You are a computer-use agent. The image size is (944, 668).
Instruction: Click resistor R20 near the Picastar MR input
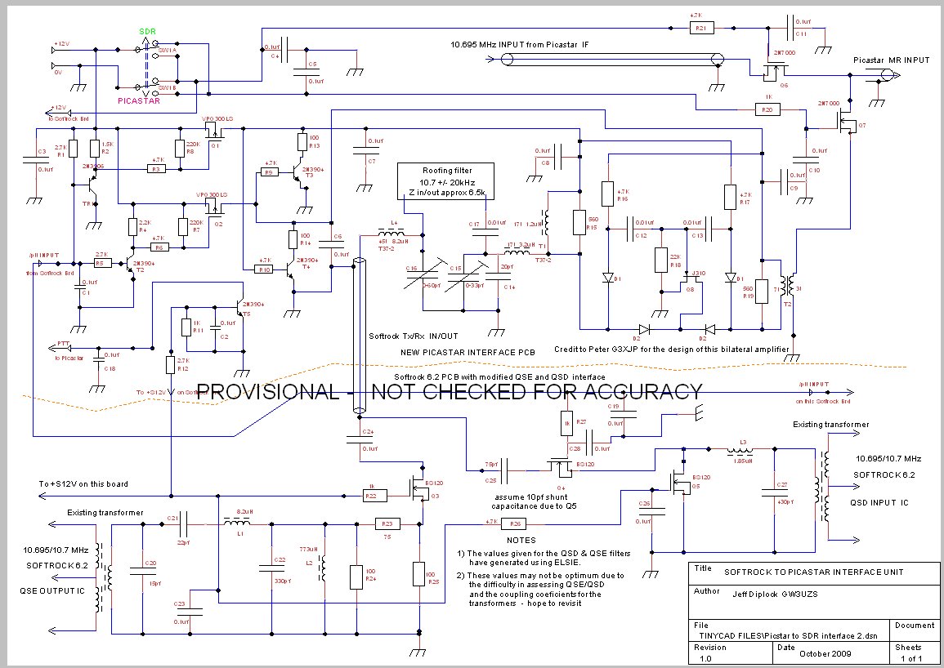[x=766, y=109]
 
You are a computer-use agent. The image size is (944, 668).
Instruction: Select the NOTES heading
[x=521, y=540]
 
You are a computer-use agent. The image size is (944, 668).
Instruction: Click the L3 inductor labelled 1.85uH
[x=741, y=450]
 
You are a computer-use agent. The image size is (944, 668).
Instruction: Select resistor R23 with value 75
[x=387, y=523]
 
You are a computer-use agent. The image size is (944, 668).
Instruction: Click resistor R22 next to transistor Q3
[x=373, y=495]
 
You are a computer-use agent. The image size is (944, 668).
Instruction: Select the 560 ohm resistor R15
[x=579, y=222]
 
